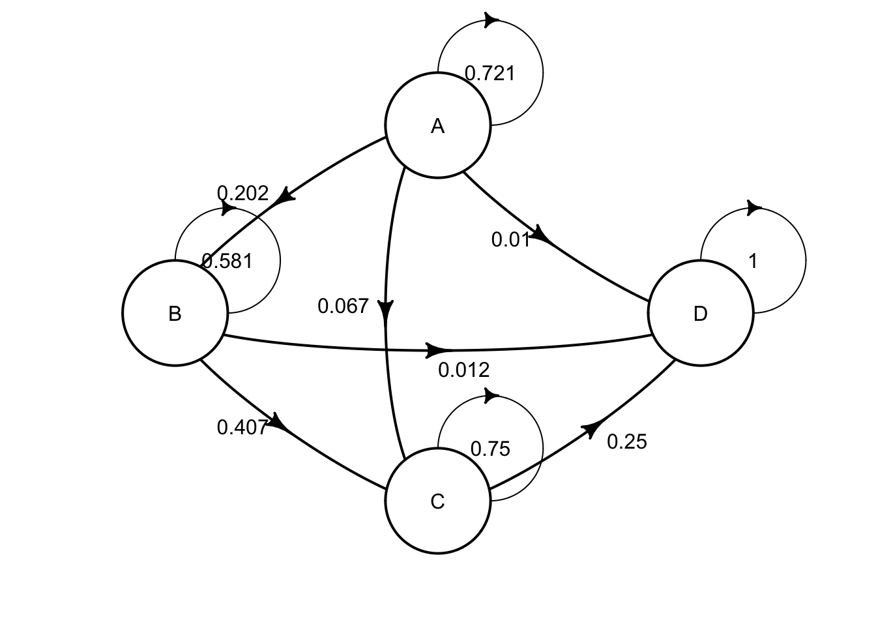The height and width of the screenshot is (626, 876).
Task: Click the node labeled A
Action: [x=437, y=126]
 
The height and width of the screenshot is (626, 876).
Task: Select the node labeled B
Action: [x=175, y=314]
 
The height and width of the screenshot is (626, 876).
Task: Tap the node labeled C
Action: [x=437, y=501]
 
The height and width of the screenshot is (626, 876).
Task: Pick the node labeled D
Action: [x=700, y=314]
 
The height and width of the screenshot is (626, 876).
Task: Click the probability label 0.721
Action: [x=489, y=74]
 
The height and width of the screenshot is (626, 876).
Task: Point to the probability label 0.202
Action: [x=242, y=193]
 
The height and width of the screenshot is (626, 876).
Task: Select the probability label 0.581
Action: [x=227, y=261]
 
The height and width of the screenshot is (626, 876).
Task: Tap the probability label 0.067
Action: [x=343, y=306]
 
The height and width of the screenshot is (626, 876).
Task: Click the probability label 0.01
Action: [x=511, y=240]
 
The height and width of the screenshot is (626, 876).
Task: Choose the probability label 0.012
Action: [x=463, y=370]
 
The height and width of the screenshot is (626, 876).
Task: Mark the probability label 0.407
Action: [x=242, y=427]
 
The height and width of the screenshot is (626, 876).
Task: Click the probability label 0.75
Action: [x=490, y=449]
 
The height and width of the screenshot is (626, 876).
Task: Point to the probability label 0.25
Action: [x=627, y=442]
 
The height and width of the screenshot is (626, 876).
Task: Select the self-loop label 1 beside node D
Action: [x=753, y=261]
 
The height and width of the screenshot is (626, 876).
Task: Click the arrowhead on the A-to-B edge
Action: [x=285, y=196]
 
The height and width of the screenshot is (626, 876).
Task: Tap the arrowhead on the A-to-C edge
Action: [x=387, y=309]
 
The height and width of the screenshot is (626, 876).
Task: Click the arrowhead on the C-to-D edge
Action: [x=591, y=428]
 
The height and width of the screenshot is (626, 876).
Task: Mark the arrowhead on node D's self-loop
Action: [x=754, y=208]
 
